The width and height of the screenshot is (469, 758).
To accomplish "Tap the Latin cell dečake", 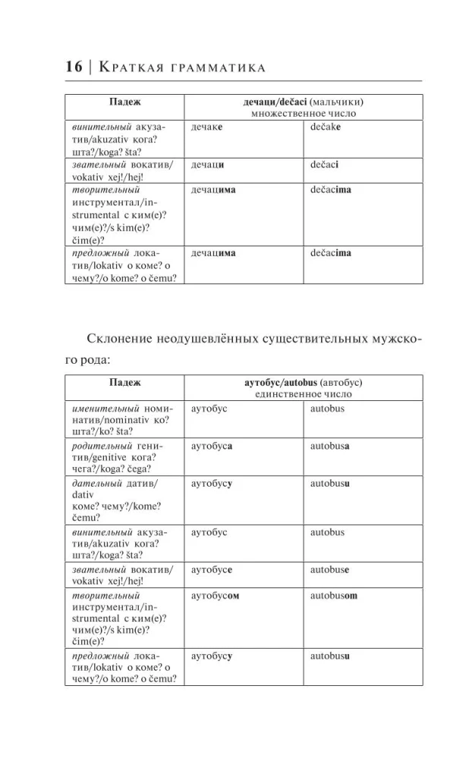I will point(326,127).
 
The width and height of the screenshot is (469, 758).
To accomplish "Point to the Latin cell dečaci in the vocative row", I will point(325,164).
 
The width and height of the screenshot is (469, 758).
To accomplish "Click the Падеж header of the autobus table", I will point(124,383).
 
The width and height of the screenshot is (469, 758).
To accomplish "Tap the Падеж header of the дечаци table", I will point(124,102).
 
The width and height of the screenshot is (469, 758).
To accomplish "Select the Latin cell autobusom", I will point(333,595).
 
